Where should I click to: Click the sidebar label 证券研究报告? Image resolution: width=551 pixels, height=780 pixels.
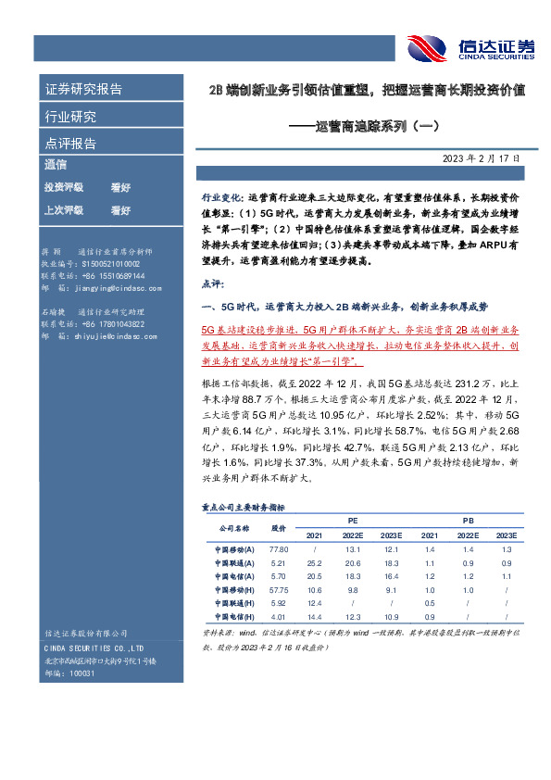[x=83, y=90]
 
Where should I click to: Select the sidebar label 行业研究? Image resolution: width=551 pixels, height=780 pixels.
[x=70, y=117]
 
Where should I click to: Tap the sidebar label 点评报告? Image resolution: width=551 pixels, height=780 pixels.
[x=70, y=144]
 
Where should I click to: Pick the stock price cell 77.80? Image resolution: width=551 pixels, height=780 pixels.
[x=278, y=549]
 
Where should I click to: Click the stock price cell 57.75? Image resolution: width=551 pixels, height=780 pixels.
[x=278, y=589]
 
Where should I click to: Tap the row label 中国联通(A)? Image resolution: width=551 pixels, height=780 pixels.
[x=228, y=563]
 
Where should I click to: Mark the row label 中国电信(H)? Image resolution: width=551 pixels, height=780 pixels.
[x=228, y=616]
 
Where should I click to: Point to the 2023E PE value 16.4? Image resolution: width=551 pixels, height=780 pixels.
[x=392, y=576]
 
